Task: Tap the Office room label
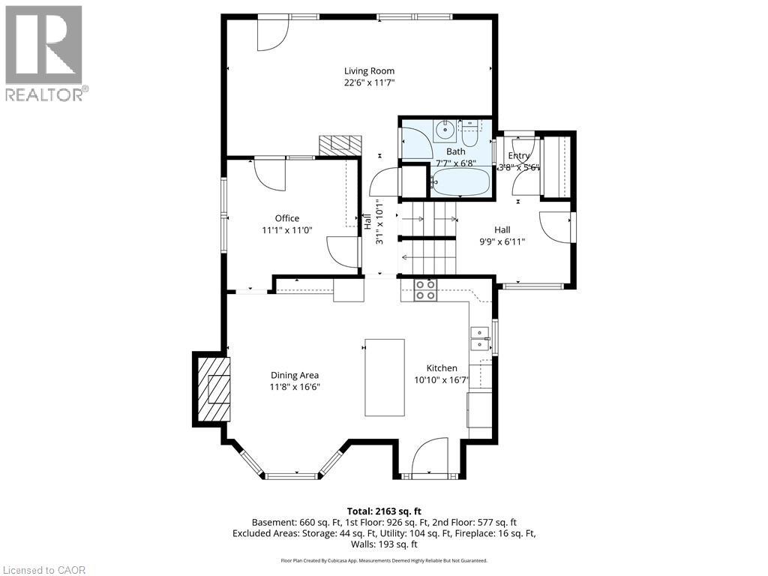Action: coord(286,218)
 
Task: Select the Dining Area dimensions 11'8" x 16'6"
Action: coord(295,387)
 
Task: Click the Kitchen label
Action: coord(442,368)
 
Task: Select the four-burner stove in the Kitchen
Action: coord(426,289)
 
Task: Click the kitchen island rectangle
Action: coord(385,377)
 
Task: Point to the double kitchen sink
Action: coord(477,339)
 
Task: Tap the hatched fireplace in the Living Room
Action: coord(340,145)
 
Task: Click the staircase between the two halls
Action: coord(430,237)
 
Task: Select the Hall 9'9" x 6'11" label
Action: coord(502,235)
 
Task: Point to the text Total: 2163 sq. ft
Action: coord(384,510)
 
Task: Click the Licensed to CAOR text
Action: coord(44,570)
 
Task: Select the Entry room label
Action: coord(520,156)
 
